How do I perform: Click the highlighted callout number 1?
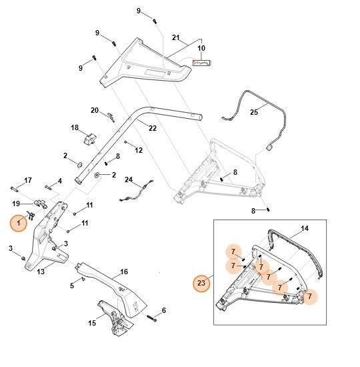pyautogui.click(x=19, y=223)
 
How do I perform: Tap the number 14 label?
pyautogui.click(x=304, y=228)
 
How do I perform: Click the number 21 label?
pyautogui.click(x=176, y=37)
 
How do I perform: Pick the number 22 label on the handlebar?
pyautogui.click(x=152, y=127)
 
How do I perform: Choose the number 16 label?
pyautogui.click(x=123, y=273)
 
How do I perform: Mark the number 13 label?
pyautogui.click(x=40, y=272)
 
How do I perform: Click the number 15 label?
pyautogui.click(x=93, y=324)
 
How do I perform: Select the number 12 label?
pyautogui.click(x=139, y=151)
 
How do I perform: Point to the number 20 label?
pyautogui.click(x=95, y=110)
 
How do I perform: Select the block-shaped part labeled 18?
pyautogui.click(x=87, y=137)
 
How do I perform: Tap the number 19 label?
pyautogui.click(x=16, y=203)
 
